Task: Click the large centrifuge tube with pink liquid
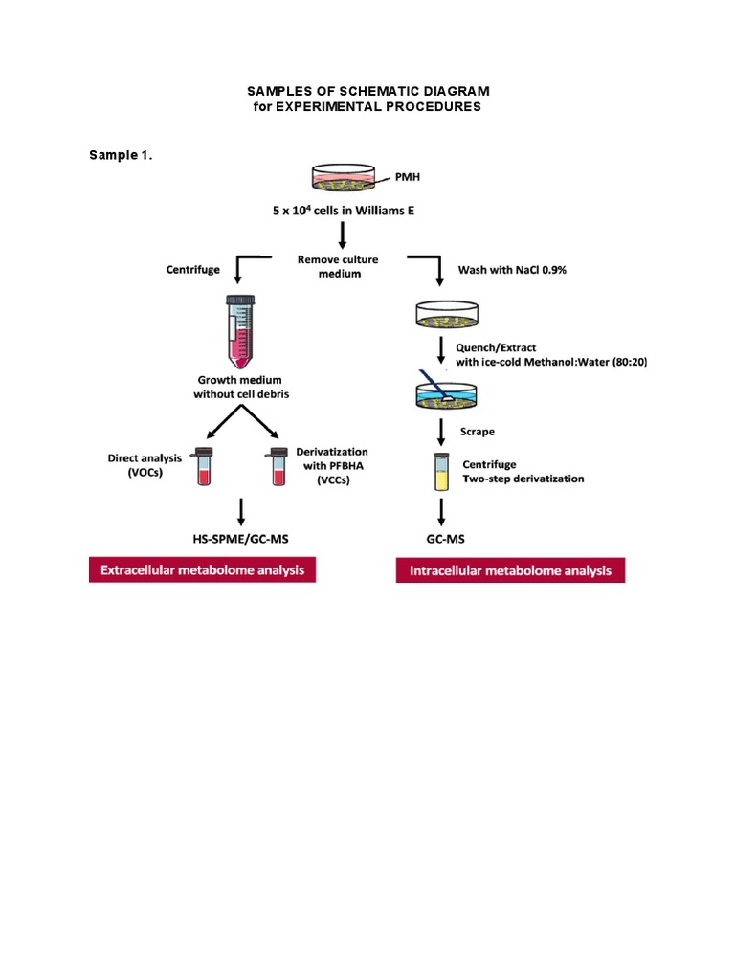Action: [x=240, y=331]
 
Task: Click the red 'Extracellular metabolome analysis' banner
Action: [x=202, y=570]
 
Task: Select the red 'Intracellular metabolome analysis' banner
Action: [x=510, y=571]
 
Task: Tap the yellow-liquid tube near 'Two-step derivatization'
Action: [x=440, y=471]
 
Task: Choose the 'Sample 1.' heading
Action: [x=122, y=155]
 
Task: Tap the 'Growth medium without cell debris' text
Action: [x=240, y=387]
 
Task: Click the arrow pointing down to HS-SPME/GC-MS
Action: [x=241, y=508]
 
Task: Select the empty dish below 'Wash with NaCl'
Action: [x=441, y=315]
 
